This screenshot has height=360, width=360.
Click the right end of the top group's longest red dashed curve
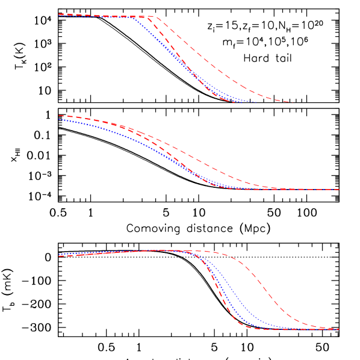(x=293, y=102)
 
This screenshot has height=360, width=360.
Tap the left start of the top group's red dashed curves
(x=59, y=14)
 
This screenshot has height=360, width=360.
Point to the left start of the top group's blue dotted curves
(x=59, y=16)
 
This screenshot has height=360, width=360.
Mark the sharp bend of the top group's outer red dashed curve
(x=155, y=17)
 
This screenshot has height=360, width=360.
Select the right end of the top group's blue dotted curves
(x=256, y=102)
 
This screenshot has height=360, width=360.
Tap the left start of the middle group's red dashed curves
(x=59, y=116)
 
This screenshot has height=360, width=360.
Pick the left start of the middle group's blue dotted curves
(x=59, y=120)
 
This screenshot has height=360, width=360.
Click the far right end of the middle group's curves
(x=340, y=190)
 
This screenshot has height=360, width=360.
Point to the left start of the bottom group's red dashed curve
(x=59, y=256)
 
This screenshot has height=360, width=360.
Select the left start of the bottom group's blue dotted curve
(x=59, y=254)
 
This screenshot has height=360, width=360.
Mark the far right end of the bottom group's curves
(x=340, y=329)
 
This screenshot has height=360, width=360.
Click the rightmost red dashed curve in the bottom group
(x=271, y=294)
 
